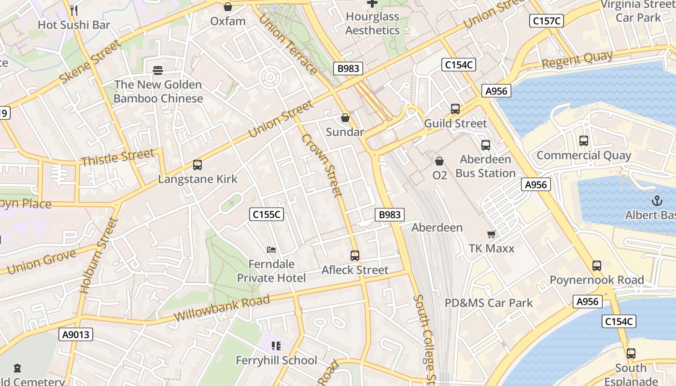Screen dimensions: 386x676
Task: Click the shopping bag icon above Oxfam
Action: tap(228, 7)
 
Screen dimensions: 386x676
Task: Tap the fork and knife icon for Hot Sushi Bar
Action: tap(74, 10)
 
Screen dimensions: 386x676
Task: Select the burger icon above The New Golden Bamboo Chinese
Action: tap(158, 70)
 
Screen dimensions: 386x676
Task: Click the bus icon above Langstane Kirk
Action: tap(197, 165)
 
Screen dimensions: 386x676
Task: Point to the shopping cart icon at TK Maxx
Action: tap(492, 234)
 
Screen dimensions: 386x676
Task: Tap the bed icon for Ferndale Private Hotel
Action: tap(271, 250)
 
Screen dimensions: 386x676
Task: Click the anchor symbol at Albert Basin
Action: tap(657, 201)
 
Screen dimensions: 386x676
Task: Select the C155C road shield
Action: tap(267, 214)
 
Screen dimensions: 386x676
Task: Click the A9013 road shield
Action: tap(76, 334)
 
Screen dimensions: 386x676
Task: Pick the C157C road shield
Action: tap(547, 21)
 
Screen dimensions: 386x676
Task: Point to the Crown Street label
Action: tap(322, 165)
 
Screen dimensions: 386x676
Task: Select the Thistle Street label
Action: tap(118, 157)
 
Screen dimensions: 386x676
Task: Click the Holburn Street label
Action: tap(99, 256)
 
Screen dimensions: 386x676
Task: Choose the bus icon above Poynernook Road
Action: tap(597, 266)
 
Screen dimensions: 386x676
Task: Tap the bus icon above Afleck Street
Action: tap(355, 256)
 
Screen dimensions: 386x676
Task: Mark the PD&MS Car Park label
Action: tap(489, 303)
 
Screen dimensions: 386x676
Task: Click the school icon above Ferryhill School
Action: tap(276, 345)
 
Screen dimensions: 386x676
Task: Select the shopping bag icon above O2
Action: tap(439, 161)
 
